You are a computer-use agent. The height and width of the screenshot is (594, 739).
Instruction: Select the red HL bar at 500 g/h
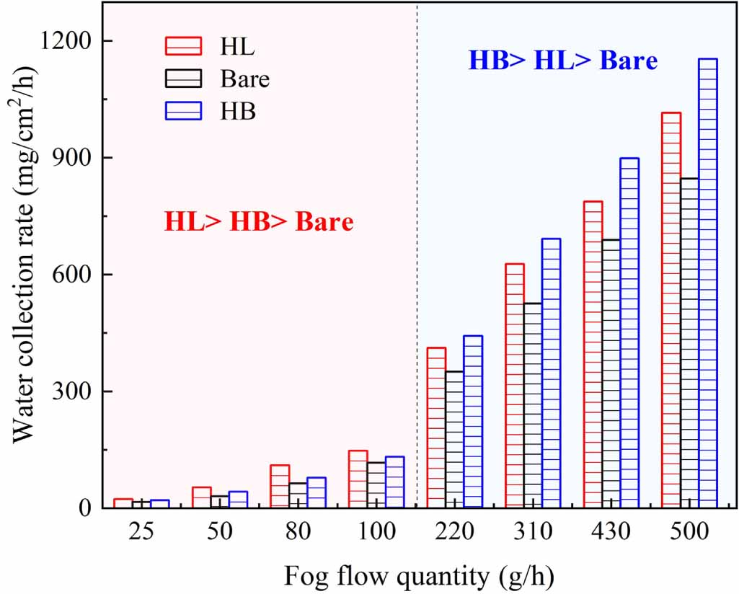click(671, 310)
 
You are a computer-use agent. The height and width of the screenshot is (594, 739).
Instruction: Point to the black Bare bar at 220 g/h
click(454, 440)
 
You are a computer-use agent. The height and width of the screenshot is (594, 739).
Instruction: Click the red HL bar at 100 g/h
click(358, 479)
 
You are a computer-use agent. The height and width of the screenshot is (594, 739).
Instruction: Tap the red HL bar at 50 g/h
click(201, 497)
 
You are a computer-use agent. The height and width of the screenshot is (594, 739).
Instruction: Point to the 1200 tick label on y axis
click(66, 41)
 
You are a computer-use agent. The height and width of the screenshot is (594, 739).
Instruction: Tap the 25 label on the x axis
click(141, 533)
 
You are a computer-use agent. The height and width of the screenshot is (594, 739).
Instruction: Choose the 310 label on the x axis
click(533, 533)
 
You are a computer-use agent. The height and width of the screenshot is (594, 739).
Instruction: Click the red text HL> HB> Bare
click(259, 222)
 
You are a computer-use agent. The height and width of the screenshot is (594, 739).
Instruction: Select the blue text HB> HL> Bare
click(562, 61)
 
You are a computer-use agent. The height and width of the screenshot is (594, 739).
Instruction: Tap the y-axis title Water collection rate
click(27, 274)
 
